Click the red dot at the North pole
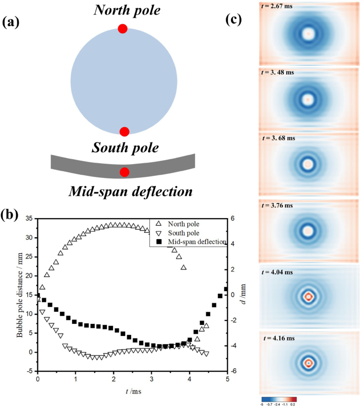(122, 29)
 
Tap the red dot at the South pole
(125, 131)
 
